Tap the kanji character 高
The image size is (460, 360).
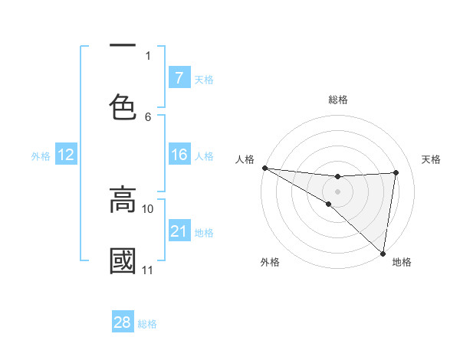tap(123, 199)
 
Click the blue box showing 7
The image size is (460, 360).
tap(179, 77)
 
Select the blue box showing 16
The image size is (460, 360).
tap(179, 155)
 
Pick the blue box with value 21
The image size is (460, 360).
tap(179, 231)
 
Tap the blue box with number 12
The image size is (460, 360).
tap(65, 155)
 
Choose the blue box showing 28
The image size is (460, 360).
tap(123, 322)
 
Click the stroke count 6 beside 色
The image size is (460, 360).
tap(148, 117)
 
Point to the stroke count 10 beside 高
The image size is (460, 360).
tap(148, 208)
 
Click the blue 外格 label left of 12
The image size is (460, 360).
tap(41, 156)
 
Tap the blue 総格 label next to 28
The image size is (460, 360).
tap(147, 323)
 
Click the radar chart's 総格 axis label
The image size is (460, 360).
tap(338, 100)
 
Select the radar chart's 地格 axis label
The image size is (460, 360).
tap(402, 262)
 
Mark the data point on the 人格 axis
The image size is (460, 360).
tap(264, 168)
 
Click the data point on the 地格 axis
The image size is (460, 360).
tap(383, 253)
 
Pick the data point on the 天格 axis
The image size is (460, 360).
tap(396, 172)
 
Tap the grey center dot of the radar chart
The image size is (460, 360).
tap(337, 191)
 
